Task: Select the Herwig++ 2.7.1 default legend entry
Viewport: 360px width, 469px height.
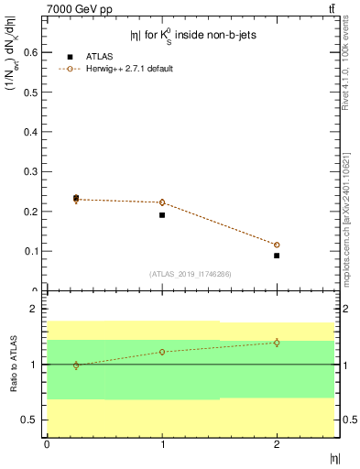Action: (128, 69)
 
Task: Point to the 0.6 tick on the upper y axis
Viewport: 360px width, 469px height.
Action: (34, 53)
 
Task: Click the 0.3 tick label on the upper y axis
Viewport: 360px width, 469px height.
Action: (34, 172)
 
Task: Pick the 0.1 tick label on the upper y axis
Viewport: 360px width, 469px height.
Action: (34, 251)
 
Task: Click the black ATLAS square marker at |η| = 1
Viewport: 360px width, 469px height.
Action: (162, 215)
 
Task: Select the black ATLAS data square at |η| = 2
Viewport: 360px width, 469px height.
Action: (277, 256)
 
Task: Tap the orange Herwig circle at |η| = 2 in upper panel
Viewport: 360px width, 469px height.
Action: (277, 245)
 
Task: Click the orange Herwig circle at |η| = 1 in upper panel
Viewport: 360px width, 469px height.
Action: (162, 202)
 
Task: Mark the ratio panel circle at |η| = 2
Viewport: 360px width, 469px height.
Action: (277, 343)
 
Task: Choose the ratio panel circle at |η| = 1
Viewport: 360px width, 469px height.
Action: (162, 352)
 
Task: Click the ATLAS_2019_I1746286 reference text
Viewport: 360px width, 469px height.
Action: (191, 274)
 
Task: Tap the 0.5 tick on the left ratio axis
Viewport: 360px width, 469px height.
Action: (34, 420)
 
